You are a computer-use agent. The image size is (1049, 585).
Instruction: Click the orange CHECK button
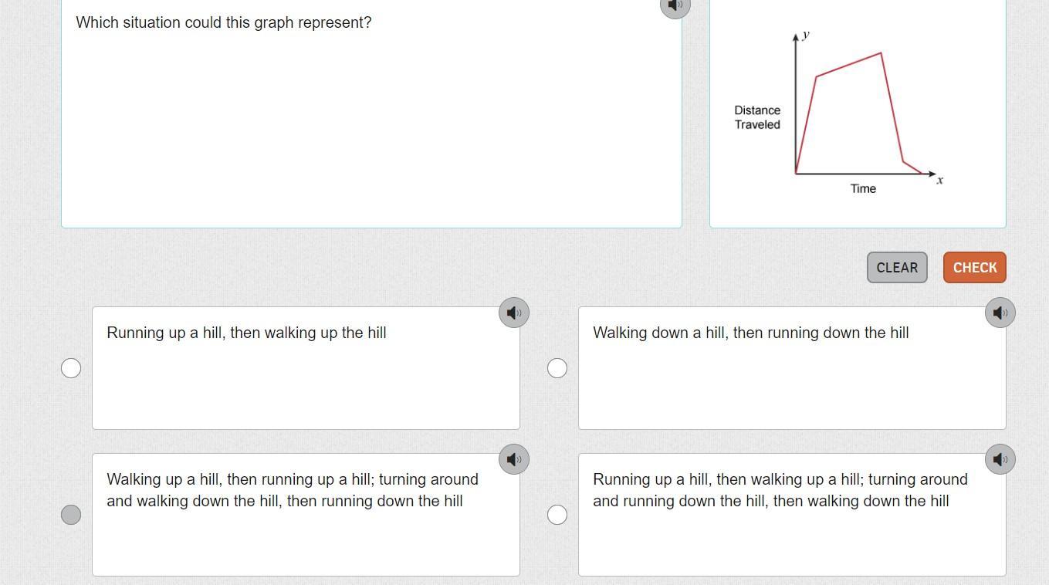[x=975, y=268]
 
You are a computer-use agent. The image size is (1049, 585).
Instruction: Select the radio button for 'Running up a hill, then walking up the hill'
[x=71, y=368]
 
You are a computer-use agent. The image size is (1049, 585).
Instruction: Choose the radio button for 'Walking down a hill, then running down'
[x=557, y=368]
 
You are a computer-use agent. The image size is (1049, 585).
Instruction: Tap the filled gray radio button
[x=71, y=515]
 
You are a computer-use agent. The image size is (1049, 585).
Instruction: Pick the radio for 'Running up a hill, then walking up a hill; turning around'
[x=557, y=515]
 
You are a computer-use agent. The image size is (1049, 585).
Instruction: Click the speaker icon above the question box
[x=675, y=5]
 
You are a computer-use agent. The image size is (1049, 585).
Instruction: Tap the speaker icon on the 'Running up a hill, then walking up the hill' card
[x=514, y=313]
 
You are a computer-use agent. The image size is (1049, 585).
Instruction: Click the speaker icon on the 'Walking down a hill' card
[x=1000, y=313]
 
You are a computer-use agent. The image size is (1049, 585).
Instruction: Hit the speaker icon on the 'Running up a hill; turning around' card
[x=1000, y=459]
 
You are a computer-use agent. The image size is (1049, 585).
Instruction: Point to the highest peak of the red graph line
[x=881, y=53]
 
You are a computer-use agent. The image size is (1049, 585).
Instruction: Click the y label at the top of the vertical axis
[x=806, y=36]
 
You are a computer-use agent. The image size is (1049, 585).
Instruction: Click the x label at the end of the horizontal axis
[x=940, y=181]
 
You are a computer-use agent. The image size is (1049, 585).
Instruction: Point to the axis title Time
[x=863, y=189]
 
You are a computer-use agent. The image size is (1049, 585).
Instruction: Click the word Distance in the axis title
[x=757, y=110]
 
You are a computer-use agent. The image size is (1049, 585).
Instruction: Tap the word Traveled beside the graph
[x=757, y=124]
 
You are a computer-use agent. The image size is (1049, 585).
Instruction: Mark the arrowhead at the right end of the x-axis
[x=932, y=174]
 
